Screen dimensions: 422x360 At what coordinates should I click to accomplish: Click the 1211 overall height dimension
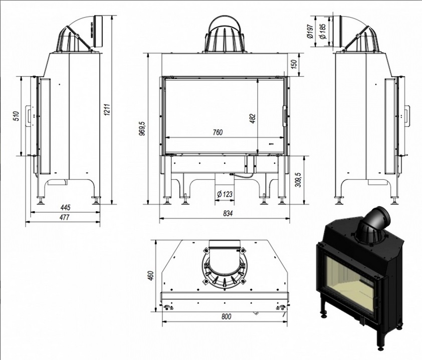(x=107, y=110)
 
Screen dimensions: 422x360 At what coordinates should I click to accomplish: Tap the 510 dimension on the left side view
(x=16, y=116)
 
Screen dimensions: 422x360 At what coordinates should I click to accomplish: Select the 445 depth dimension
(x=65, y=207)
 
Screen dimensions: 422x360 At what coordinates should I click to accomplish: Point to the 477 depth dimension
(x=64, y=217)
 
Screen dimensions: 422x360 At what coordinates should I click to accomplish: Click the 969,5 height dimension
(x=142, y=128)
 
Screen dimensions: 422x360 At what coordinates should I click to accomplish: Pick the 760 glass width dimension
(x=218, y=132)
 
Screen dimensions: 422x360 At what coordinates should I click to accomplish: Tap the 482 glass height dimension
(x=253, y=119)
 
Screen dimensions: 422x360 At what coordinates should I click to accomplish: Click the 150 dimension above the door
(x=294, y=64)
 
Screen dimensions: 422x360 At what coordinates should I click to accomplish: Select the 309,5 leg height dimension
(x=299, y=179)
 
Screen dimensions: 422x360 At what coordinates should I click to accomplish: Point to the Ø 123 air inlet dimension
(x=224, y=194)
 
